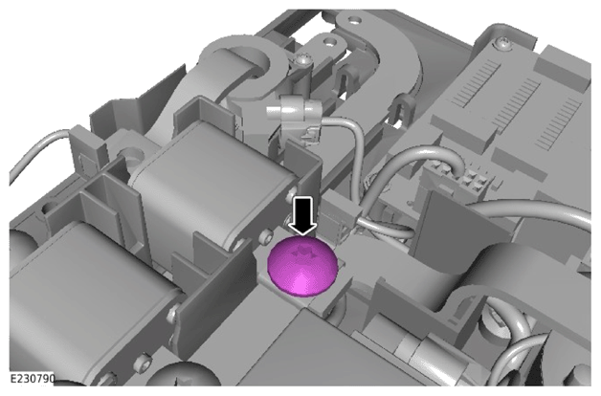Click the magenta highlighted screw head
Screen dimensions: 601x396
point(302,266)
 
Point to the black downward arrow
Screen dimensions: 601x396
point(302,215)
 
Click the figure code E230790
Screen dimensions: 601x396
point(33,379)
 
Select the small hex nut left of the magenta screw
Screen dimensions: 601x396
point(265,238)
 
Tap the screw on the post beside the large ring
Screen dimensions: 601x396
point(302,59)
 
